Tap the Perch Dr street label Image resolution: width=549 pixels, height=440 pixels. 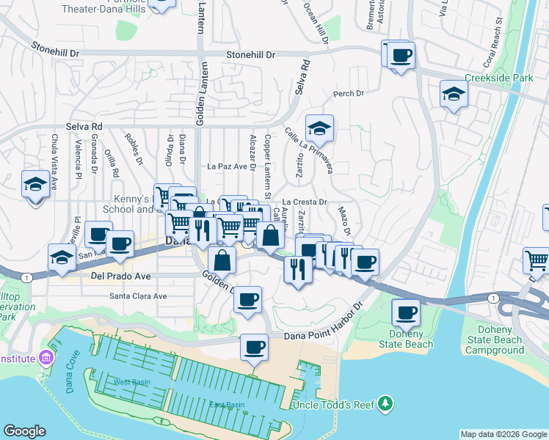pos(349,94)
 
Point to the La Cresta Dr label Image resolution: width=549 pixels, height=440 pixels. pos(304,201)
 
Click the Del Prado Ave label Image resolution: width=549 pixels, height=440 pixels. pos(120,276)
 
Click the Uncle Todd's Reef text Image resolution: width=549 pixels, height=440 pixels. pos(334,405)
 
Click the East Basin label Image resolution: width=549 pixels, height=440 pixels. pos(226,405)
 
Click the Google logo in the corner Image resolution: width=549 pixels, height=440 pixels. pos(24,431)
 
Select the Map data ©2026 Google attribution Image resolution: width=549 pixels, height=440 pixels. pos(503,434)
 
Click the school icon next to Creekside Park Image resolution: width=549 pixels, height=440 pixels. pos(454,95)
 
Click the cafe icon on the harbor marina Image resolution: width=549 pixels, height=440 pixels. pos(255,347)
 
